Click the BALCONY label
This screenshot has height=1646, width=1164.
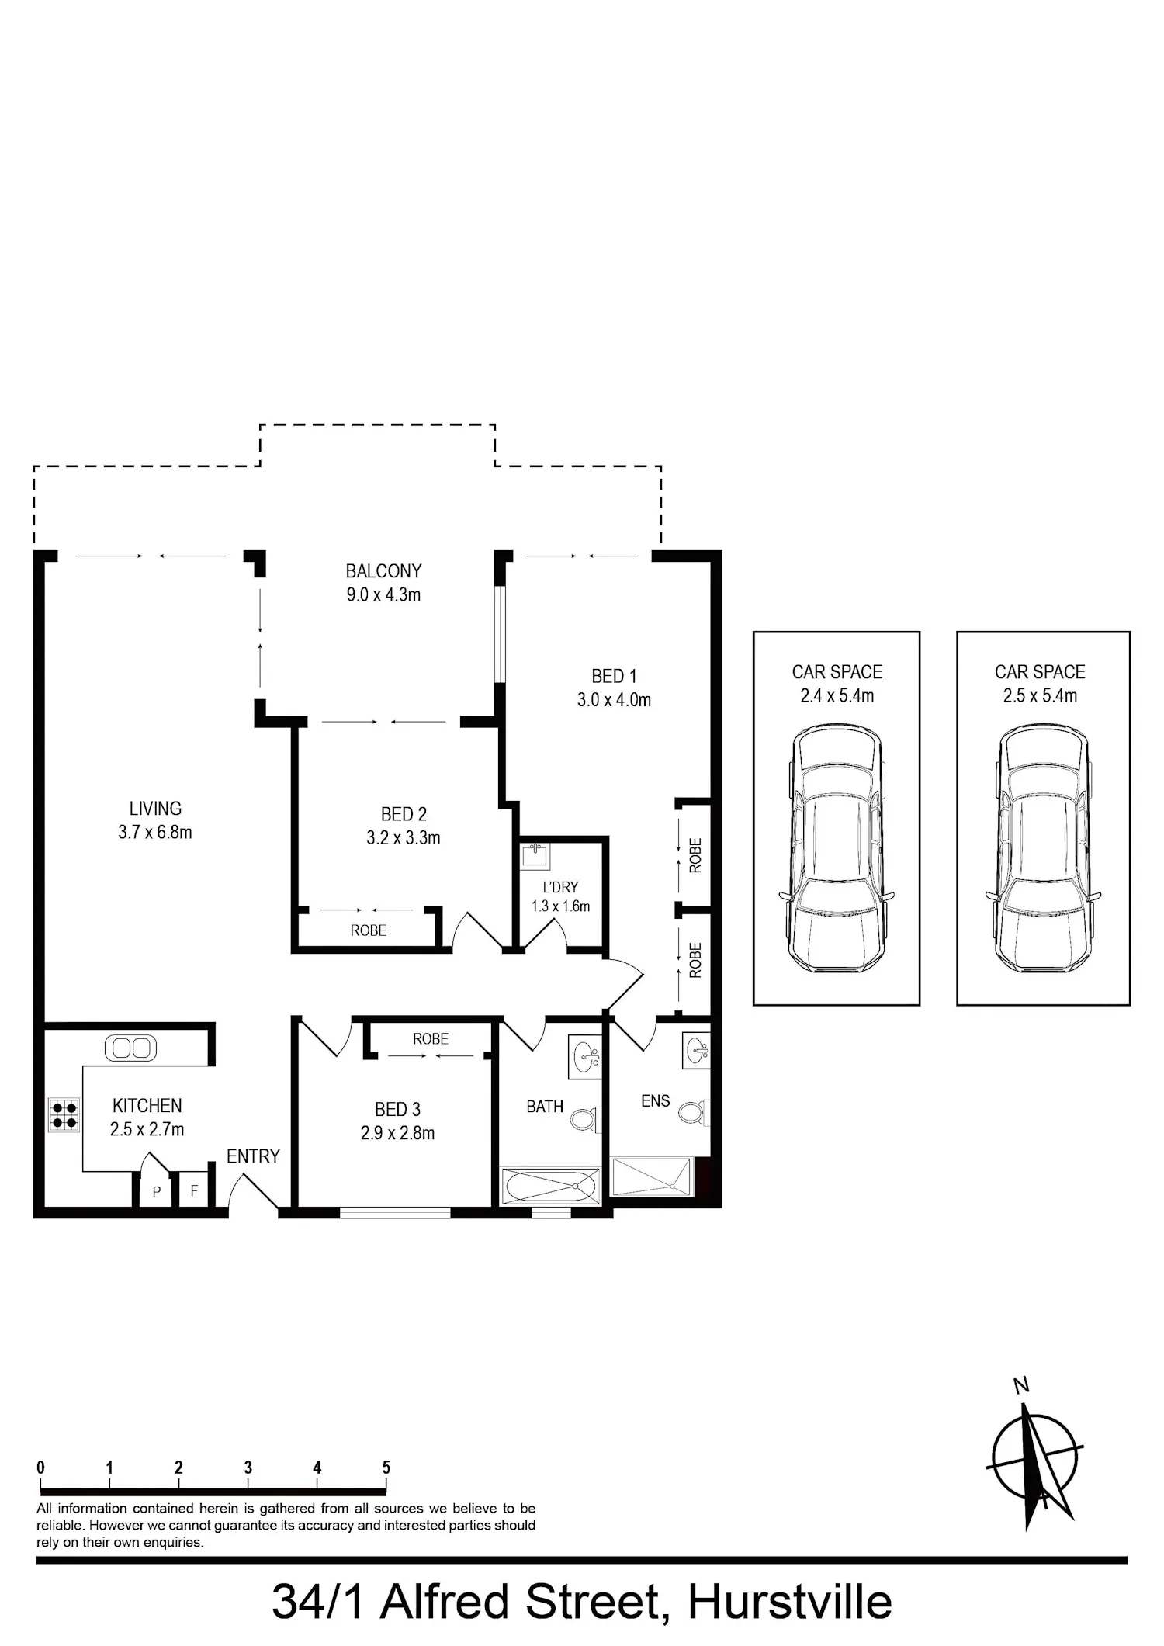(383, 571)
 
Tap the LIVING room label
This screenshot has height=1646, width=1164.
(155, 809)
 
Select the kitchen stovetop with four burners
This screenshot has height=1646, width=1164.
(64, 1115)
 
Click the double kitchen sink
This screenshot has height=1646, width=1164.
(130, 1048)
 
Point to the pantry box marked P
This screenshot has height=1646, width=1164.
(156, 1190)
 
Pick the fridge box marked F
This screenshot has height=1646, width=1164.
(194, 1190)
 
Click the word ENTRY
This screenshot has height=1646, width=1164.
(253, 1156)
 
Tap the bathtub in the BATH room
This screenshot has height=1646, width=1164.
(550, 1187)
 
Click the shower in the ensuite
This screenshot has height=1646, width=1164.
(652, 1177)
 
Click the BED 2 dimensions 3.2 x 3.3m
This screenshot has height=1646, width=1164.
(404, 838)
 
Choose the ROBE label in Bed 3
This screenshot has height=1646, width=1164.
(431, 1038)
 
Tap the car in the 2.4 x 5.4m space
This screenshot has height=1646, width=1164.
(837, 848)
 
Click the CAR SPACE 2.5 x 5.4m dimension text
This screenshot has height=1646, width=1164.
(1040, 695)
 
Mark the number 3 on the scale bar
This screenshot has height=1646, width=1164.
(248, 1468)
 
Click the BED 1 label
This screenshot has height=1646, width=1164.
(614, 676)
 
